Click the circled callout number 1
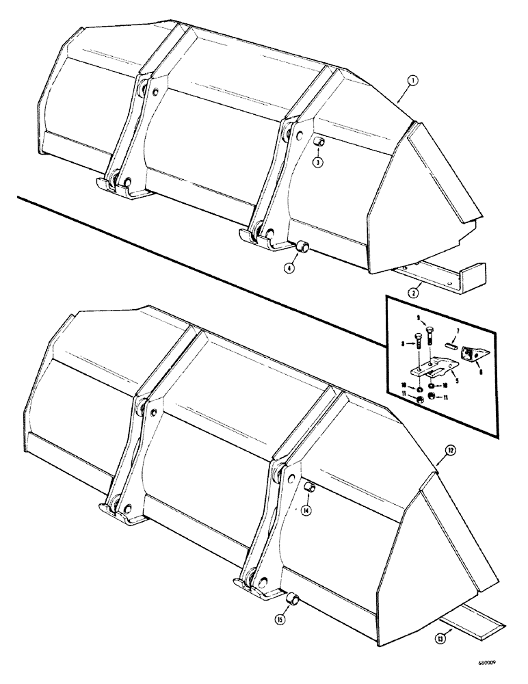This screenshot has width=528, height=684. tap(410, 80)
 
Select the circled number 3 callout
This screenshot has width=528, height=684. tap(318, 161)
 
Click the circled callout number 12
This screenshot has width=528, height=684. tap(430, 450)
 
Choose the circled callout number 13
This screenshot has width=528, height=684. tap(440, 640)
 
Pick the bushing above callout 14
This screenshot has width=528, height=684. tap(308, 488)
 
